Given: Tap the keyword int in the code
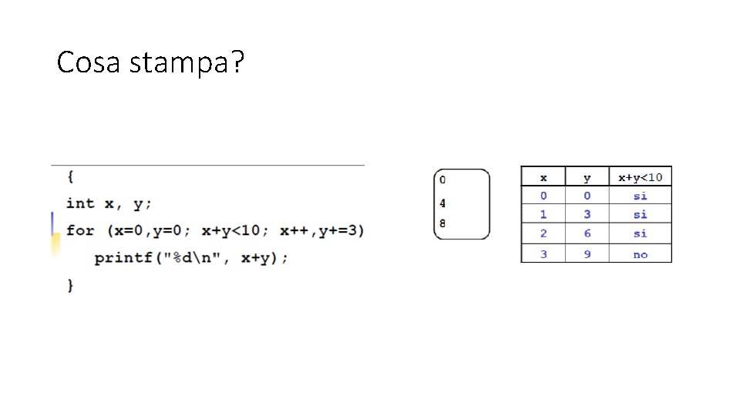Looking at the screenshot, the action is (x=79, y=203).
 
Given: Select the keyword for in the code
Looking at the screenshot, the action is (x=79, y=230).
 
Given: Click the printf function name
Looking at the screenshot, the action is (x=123, y=258).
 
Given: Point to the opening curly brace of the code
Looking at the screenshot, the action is (x=70, y=176).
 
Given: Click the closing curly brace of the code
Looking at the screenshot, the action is (x=70, y=285).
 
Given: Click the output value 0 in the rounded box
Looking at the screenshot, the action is (x=442, y=180).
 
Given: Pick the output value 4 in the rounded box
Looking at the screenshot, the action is (x=442, y=204).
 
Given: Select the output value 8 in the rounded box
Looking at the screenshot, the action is (x=442, y=223).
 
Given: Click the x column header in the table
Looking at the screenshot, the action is (x=543, y=177).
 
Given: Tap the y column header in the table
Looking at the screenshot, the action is (x=587, y=177).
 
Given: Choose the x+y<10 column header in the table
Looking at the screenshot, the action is (x=640, y=177).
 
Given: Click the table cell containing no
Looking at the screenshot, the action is (x=640, y=254).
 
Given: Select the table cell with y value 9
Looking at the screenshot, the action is (x=587, y=254).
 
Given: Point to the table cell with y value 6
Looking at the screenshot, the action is (x=587, y=233).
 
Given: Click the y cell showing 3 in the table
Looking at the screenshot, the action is (x=587, y=214).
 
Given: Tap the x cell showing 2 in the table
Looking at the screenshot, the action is (x=543, y=233).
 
